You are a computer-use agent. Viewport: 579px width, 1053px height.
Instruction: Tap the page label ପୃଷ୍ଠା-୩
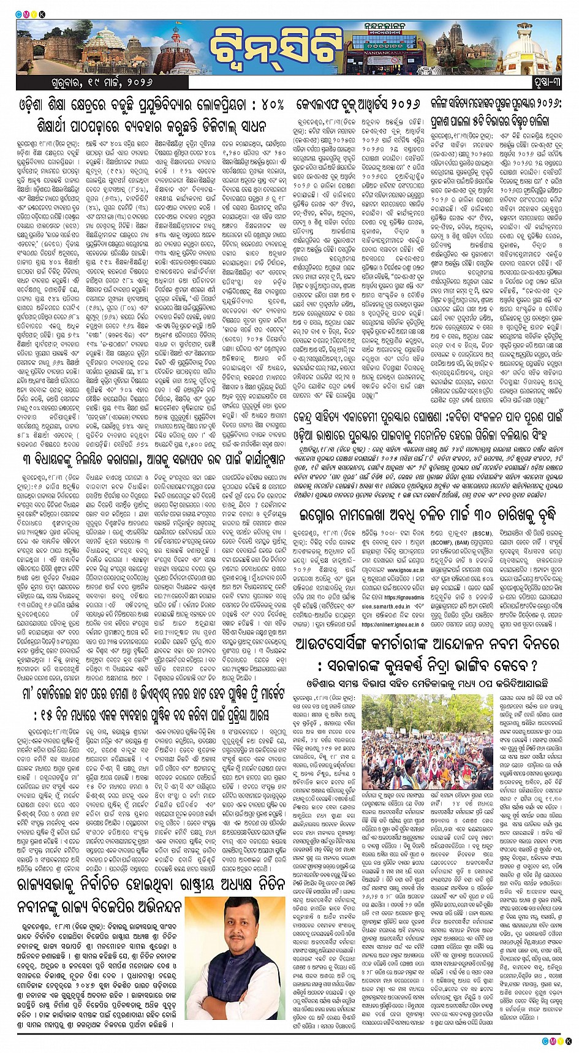tap(542, 82)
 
